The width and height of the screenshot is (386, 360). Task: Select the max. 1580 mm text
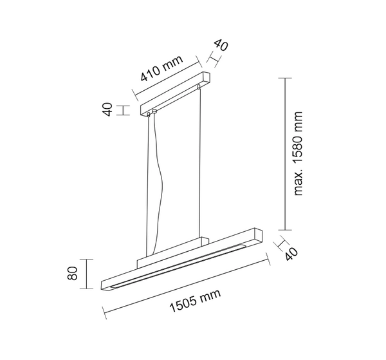tap(298, 153)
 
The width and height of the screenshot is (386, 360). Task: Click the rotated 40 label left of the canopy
tap(107, 109)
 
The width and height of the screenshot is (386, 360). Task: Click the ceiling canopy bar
tap(174, 95)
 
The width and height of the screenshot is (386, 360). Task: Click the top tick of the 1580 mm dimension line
tap(284, 78)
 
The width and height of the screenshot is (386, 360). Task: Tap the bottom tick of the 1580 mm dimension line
tap(284, 229)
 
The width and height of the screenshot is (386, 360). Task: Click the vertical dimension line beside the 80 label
tap(87, 274)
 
